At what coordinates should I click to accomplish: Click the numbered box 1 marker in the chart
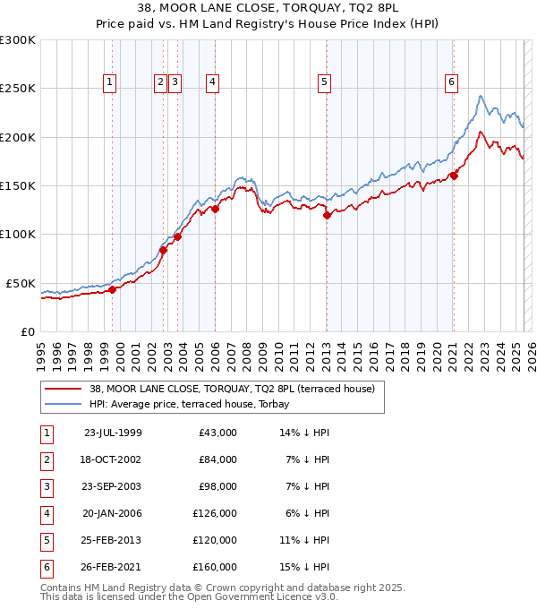click(109, 82)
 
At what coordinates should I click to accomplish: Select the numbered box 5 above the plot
click(323, 82)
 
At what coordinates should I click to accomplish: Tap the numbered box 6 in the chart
click(451, 82)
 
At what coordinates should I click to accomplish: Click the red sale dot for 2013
click(327, 215)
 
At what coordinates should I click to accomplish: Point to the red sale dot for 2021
click(454, 176)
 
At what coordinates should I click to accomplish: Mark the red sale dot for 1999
click(113, 289)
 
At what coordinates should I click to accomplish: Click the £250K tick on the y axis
click(18, 89)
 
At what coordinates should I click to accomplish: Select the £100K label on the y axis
click(18, 234)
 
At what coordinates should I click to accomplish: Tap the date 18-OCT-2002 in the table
click(112, 459)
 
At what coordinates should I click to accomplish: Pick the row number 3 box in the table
click(46, 486)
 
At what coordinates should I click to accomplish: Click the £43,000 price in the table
click(217, 433)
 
